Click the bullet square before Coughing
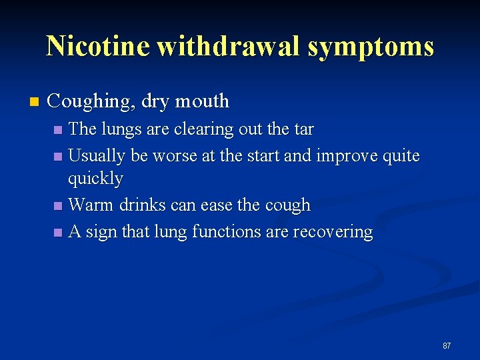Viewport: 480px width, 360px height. (x=34, y=102)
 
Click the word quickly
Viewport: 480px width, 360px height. (x=95, y=179)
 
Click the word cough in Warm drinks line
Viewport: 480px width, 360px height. (x=288, y=205)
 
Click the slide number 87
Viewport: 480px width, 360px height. (x=446, y=345)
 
